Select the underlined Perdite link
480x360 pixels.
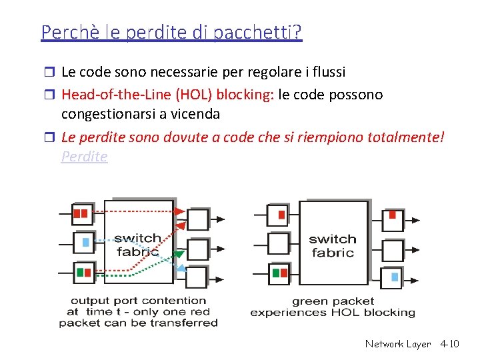point(84,157)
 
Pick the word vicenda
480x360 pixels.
point(195,114)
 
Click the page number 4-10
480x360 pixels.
point(449,344)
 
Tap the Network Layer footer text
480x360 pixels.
point(397,344)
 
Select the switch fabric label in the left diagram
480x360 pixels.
point(137,245)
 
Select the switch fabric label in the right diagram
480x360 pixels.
point(333,245)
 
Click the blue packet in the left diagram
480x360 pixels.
point(85,242)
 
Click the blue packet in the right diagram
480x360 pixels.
point(395,276)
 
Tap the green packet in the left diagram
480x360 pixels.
point(80,272)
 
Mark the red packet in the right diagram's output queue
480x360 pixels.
point(393,215)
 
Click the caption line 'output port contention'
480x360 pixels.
point(138,301)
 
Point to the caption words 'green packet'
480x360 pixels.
point(333,301)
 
